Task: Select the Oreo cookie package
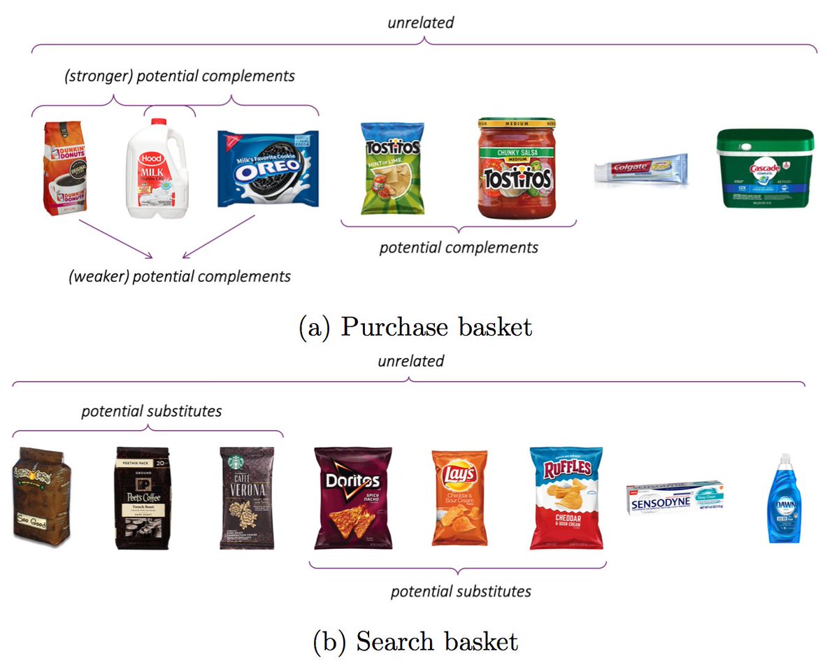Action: [267, 169]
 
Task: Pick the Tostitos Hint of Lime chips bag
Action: [392, 169]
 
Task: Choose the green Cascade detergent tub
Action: [765, 168]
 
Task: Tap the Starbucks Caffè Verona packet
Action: [247, 497]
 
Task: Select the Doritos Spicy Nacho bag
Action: [352, 497]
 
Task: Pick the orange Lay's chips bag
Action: [459, 497]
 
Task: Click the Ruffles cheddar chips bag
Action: [566, 497]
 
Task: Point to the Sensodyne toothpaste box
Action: [674, 497]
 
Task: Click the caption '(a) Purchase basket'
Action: [415, 327]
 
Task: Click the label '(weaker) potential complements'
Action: [180, 276]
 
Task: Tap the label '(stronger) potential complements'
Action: [179, 76]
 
